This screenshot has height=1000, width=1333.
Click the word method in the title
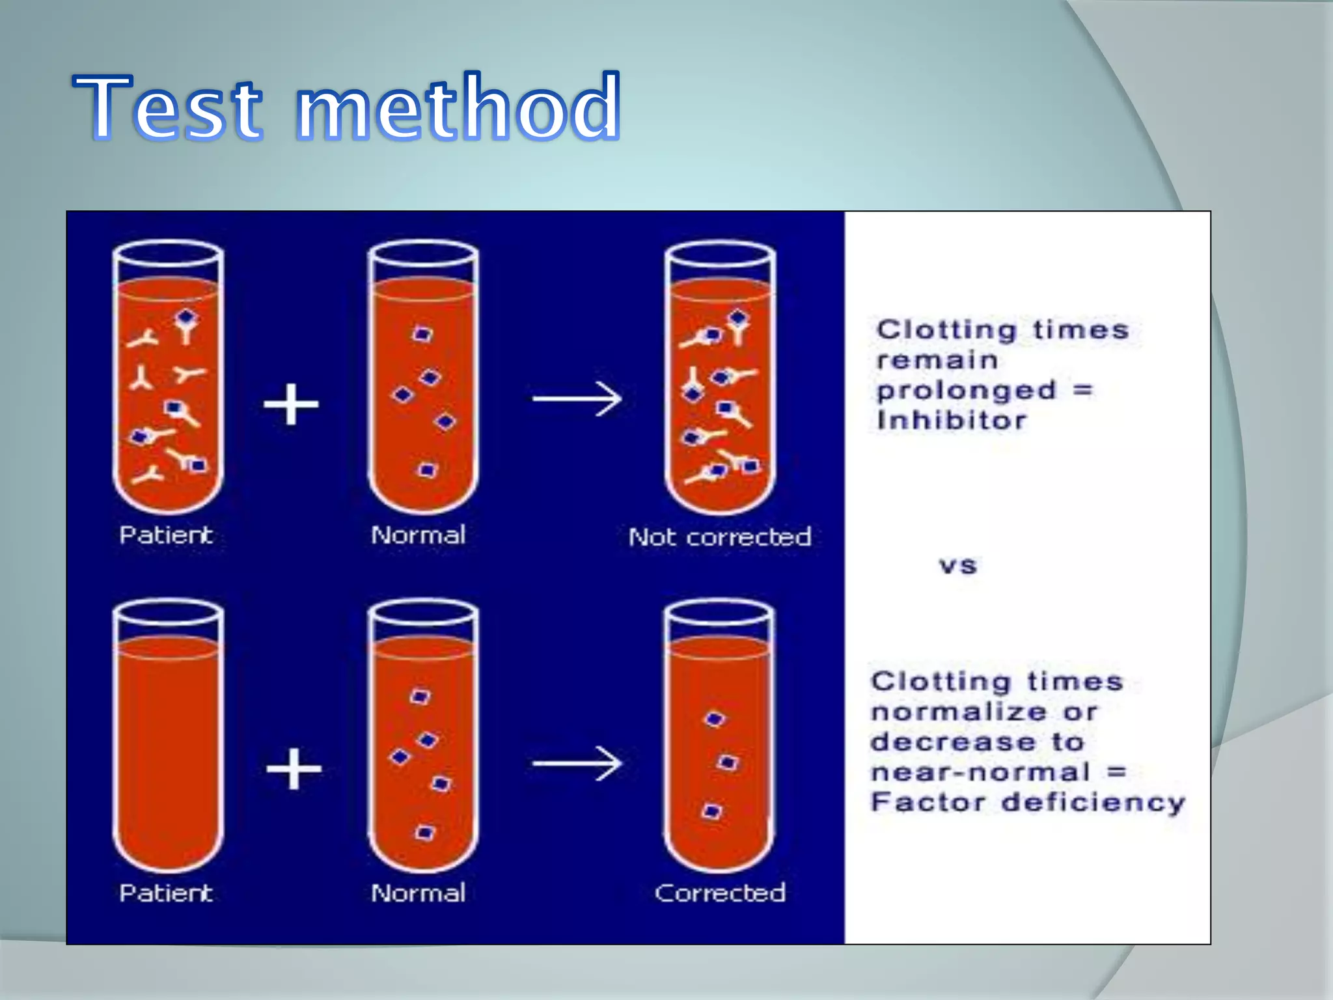coord(458,107)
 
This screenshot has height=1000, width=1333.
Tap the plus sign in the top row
coord(291,404)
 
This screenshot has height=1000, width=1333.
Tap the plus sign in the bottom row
coord(294,769)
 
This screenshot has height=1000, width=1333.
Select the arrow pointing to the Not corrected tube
coord(577,398)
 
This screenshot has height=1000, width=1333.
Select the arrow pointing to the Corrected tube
coord(577,763)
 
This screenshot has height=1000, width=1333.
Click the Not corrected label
coord(720,537)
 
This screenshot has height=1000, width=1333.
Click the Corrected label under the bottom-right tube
coord(720,893)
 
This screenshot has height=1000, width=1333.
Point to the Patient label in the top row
coord(166,535)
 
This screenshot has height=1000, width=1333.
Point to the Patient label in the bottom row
coord(166,893)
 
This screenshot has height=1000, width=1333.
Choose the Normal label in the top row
coord(418,535)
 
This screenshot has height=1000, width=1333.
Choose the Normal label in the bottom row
coord(418,893)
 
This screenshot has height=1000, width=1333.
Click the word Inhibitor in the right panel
coord(951,421)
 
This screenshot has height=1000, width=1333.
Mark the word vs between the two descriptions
coord(957,565)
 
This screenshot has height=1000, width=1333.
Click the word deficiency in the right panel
coord(1093,803)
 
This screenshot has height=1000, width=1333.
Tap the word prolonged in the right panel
coord(966,391)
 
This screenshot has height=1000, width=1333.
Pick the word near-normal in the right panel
coord(980,772)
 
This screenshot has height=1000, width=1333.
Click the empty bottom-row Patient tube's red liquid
coord(168,749)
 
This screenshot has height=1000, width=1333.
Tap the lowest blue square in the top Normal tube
coord(427,470)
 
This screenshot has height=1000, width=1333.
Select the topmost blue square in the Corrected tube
coord(715,719)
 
